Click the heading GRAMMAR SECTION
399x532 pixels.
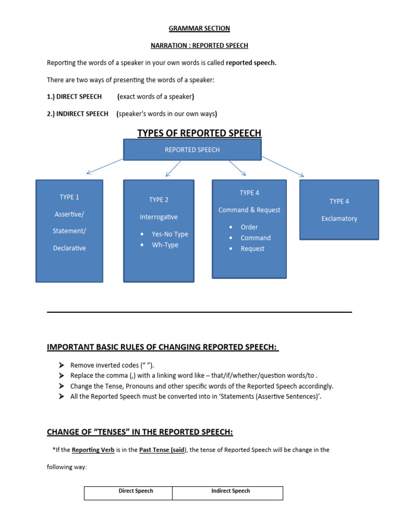coord(199,29)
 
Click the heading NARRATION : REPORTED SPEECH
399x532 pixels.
coord(199,46)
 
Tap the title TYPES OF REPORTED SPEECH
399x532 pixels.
coord(199,134)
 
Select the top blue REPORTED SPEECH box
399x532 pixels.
coord(192,150)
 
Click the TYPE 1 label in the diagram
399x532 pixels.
coord(70,197)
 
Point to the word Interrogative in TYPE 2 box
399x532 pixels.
coord(158,217)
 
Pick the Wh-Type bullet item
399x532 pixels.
coord(165,245)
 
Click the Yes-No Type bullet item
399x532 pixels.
coord(169,234)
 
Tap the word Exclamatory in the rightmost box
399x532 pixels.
coord(339,219)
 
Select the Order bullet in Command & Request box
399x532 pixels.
coord(249,227)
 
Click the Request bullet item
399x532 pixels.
coord(252,249)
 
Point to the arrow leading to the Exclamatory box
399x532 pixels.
coord(283,167)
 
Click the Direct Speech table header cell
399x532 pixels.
coord(136,491)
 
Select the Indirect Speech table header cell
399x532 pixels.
coord(230,491)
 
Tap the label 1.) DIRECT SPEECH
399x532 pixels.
coord(74,97)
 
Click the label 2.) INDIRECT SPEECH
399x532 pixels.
coord(77,114)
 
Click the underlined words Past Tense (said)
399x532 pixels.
coord(162,450)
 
